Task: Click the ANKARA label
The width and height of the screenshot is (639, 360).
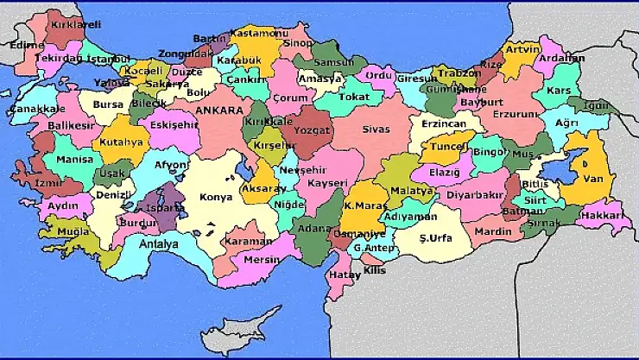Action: click(218, 111)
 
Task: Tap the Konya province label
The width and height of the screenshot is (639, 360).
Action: click(215, 197)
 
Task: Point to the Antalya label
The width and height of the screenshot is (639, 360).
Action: click(159, 244)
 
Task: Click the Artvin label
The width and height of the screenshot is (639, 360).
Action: click(522, 49)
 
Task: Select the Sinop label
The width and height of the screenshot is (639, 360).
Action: click(298, 42)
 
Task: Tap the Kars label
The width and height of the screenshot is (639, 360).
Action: click(560, 91)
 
